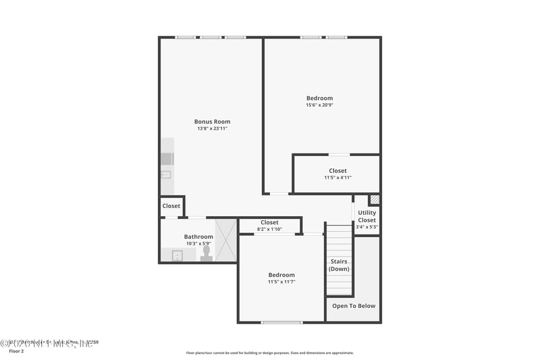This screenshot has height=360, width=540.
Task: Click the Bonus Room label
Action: coord(213,122)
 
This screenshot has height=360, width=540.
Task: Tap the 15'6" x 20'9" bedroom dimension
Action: coord(319,105)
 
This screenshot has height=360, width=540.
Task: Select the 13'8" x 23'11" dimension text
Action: coord(213,128)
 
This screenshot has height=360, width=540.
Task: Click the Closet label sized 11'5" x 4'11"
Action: coord(337,171)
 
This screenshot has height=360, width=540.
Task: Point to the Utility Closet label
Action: coord(367,216)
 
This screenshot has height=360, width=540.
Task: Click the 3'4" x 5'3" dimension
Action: coord(367,227)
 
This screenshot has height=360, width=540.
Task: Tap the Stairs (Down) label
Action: coord(339,265)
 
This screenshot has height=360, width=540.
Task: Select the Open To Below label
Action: coord(354,305)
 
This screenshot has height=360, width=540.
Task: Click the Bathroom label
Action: coord(198,236)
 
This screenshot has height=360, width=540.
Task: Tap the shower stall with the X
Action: coord(226,239)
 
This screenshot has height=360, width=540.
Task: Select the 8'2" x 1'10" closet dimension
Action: coord(269,230)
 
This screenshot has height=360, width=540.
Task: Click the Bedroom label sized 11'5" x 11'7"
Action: coord(281,275)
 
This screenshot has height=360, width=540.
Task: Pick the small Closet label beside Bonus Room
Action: coord(171,206)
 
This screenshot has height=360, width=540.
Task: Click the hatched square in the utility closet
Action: coord(375,200)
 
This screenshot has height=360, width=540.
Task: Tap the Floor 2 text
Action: coord(16,351)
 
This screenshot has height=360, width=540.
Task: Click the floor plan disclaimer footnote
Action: coord(269,353)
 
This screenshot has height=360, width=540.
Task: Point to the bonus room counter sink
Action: coord(166,174)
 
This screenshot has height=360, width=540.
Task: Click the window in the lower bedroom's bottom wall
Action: coord(281,322)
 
